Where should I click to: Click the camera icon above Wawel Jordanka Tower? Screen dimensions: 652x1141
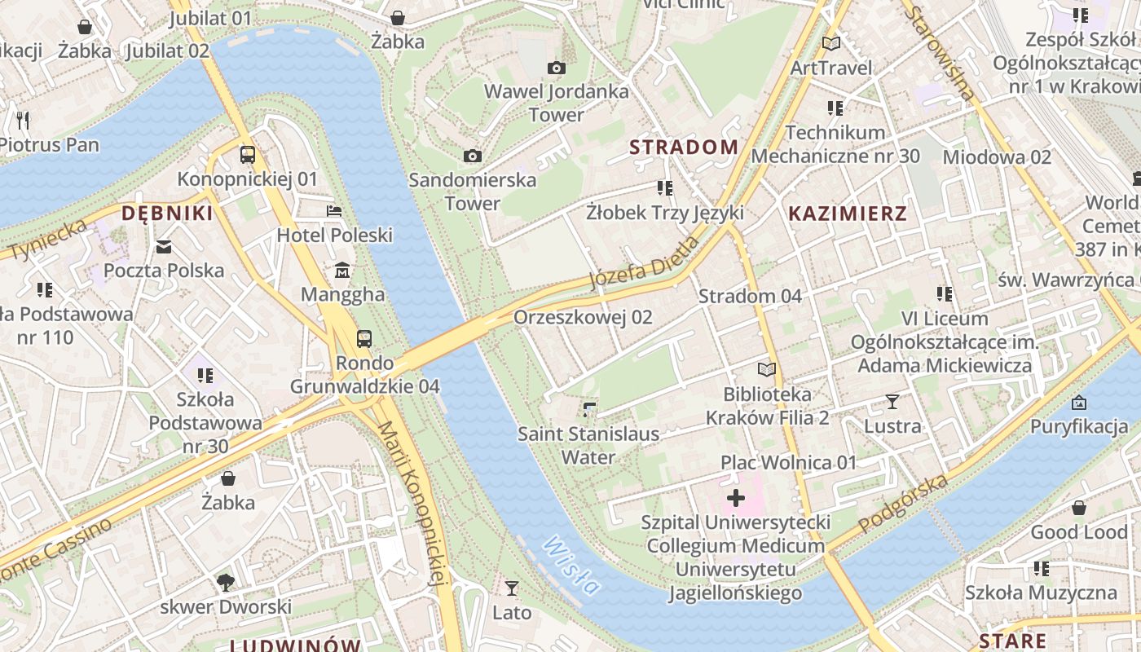[x=557, y=68]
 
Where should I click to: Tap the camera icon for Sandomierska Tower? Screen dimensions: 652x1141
[x=472, y=156]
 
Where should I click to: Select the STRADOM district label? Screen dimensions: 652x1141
[x=684, y=148]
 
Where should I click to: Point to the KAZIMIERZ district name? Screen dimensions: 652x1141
[x=848, y=214]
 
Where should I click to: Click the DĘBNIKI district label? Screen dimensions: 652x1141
[x=167, y=214]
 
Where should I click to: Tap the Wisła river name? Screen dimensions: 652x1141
[x=572, y=565]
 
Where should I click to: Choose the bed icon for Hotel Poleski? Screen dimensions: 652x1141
[x=334, y=211]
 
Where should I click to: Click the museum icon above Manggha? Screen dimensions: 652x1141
[x=342, y=270]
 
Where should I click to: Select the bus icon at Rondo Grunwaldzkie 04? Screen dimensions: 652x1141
[x=364, y=338]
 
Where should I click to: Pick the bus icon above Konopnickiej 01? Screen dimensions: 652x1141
[x=248, y=154]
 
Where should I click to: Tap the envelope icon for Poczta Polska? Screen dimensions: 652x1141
[x=164, y=247]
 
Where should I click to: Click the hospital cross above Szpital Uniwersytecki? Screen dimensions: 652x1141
[x=736, y=498]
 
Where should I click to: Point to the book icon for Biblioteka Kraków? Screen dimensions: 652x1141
[x=767, y=369]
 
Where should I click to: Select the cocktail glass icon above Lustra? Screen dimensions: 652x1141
[x=892, y=402]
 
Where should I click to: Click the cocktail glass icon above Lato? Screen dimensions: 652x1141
[x=512, y=588]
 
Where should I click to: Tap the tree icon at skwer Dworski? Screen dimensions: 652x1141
[x=226, y=582]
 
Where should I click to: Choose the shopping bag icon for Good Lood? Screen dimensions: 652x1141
[x=1079, y=508]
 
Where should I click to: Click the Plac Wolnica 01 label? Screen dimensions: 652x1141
[x=788, y=463]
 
